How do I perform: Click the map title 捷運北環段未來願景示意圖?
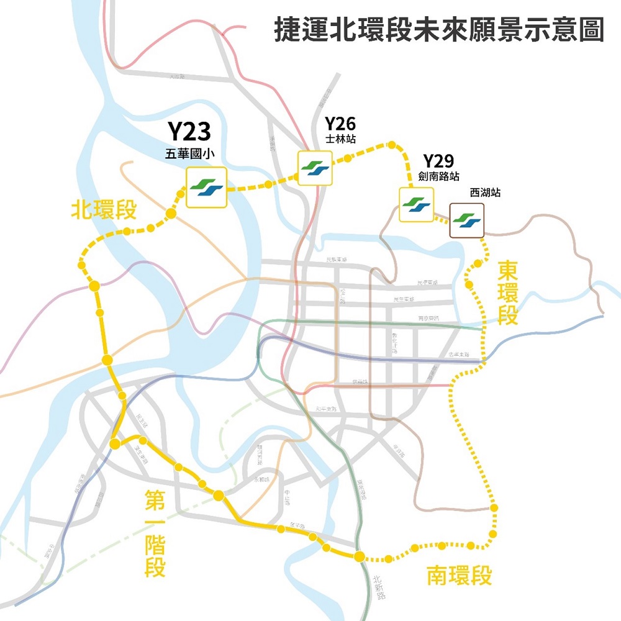tap(439, 30)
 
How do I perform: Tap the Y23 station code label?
tap(189, 132)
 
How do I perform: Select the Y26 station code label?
tap(340, 123)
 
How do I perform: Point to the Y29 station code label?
tap(438, 161)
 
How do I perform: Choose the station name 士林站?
tap(340, 138)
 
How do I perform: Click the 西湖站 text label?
tap(485, 193)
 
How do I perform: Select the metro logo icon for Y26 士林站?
tap(315, 168)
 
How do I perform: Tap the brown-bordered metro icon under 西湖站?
tap(467, 220)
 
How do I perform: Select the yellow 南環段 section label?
tap(459, 576)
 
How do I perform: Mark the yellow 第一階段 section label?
tap(155, 532)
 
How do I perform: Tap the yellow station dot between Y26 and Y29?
tap(392, 145)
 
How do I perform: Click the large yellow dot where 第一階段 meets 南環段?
tap(359, 556)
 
